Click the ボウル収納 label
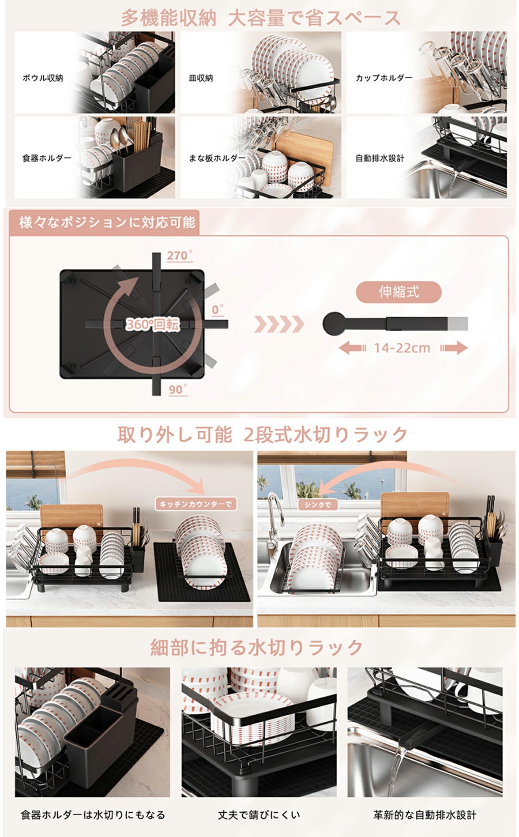43,78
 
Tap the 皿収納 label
201,78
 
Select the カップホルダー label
384,78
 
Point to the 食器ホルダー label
47,158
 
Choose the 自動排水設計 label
380,158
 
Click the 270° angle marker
180,256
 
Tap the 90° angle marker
178,389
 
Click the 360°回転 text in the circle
153,324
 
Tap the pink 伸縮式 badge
399,292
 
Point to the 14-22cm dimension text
402,348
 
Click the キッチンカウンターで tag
196,504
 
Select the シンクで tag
318,505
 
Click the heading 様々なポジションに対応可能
107,222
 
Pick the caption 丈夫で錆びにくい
259,814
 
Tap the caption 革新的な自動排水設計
425,814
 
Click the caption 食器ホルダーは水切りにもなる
93,814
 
